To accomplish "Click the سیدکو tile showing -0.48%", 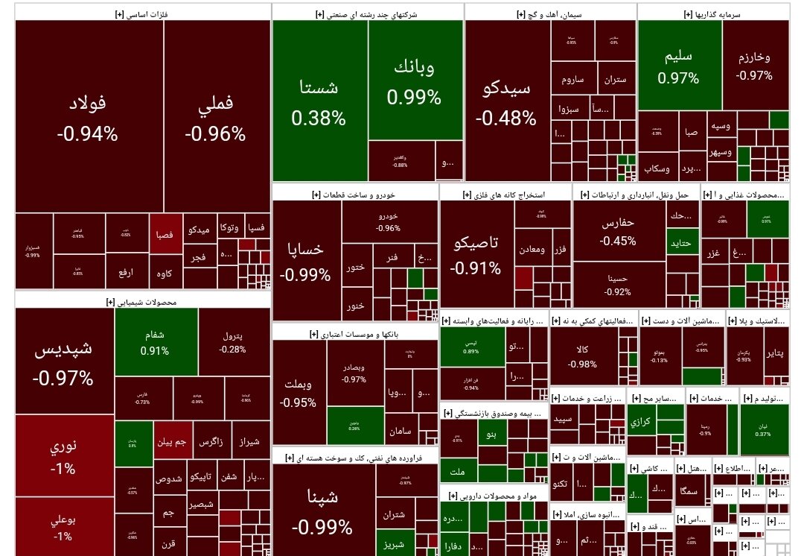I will click(x=507, y=102).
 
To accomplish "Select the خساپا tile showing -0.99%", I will click(x=306, y=261).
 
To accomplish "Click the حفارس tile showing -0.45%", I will click(x=619, y=231).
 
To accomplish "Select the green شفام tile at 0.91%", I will click(x=156, y=342).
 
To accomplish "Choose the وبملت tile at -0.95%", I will click(x=299, y=393).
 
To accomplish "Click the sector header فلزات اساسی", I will click(x=141, y=13).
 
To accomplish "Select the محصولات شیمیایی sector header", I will click(x=141, y=302).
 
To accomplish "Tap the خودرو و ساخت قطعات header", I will click(x=354, y=195).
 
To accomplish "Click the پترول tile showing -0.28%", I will click(x=233, y=342).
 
